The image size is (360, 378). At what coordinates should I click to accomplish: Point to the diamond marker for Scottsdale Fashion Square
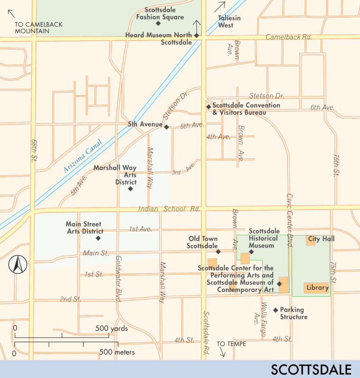pyautogui.click(x=158, y=23)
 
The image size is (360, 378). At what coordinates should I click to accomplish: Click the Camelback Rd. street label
pyautogui.click(x=288, y=37)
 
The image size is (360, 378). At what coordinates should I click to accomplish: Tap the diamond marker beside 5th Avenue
pyautogui.click(x=166, y=126)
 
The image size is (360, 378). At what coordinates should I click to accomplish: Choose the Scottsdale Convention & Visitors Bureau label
pyautogui.click(x=246, y=109)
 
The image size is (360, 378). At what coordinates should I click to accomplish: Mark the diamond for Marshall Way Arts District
pyautogui.click(x=130, y=189)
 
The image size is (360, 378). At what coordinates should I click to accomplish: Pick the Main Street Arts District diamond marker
pyautogui.click(x=98, y=238)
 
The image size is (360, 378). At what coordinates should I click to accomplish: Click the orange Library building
pyautogui.click(x=317, y=288)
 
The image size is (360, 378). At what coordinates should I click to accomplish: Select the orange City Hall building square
pyautogui.click(x=310, y=240)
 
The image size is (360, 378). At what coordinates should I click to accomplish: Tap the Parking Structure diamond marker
pyautogui.click(x=276, y=310)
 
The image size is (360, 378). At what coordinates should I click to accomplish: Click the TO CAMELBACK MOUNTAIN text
pyautogui.click(x=38, y=28)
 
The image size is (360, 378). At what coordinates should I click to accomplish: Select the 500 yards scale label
pyautogui.click(x=111, y=328)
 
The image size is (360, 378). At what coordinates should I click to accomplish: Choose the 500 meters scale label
pyautogui.click(x=117, y=352)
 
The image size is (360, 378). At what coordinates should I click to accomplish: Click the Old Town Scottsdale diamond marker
pyautogui.click(x=218, y=251)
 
